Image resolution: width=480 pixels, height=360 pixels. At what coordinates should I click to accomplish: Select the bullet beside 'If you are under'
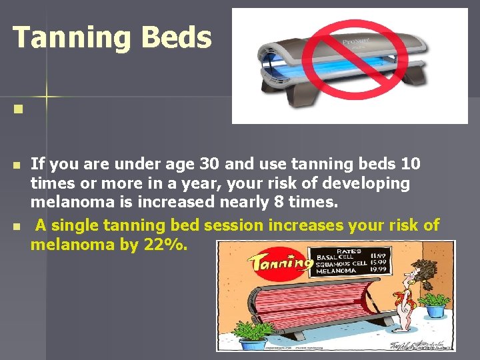(x=17, y=164)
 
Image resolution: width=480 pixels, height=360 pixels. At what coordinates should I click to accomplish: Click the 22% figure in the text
(x=165, y=245)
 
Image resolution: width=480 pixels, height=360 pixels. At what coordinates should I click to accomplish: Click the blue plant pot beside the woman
(x=436, y=310)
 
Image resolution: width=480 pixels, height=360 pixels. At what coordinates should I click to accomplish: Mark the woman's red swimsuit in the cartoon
(x=401, y=303)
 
